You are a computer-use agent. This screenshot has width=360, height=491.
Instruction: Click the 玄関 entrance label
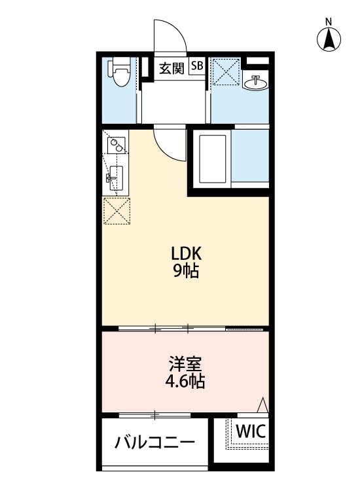coord(172,67)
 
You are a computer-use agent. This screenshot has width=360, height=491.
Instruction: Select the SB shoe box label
coord(197,66)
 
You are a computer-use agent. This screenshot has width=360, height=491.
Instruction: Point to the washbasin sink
coord(255,83)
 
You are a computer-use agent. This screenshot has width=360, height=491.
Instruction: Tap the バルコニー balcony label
coord(155,443)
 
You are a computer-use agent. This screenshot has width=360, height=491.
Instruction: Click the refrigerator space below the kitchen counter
coord(116,210)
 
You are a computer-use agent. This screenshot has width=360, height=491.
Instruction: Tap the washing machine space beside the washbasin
coord(226,73)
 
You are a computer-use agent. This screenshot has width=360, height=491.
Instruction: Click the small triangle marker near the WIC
coord(262,406)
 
